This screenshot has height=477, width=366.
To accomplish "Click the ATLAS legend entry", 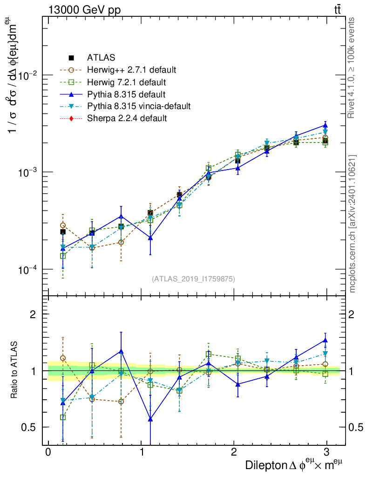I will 101,58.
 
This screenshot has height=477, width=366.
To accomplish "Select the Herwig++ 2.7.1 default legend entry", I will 131,70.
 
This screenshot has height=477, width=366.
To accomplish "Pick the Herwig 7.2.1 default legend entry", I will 126,82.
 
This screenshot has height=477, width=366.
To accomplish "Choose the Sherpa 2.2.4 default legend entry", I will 127,118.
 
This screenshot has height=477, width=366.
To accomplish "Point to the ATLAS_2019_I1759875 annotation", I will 193,279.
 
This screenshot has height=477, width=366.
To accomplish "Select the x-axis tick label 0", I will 48,453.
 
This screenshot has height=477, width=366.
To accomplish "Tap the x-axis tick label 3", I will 327,453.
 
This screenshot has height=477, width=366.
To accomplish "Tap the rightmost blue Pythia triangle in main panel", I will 325,125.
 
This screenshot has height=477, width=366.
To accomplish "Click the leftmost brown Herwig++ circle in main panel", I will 63,225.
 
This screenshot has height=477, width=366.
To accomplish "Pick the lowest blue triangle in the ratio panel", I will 150,419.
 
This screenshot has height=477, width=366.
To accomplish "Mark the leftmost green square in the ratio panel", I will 63,417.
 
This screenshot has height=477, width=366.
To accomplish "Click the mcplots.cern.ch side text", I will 353,224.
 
